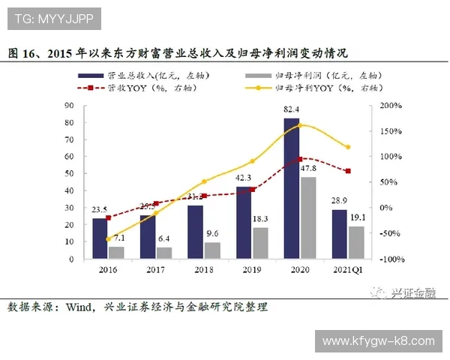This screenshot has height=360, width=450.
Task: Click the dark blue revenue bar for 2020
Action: (292, 188)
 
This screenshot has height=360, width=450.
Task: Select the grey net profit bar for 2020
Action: (307, 217)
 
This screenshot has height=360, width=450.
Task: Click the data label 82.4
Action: (292, 111)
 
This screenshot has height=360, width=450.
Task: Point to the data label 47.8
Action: (308, 169)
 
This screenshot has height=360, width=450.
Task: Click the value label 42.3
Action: (244, 178)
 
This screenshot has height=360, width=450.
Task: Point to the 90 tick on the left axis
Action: (69, 106)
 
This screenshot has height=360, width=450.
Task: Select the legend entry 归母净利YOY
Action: (315, 88)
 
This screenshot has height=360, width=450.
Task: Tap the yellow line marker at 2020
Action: (300, 125)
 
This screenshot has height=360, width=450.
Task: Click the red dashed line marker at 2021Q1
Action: (347, 171)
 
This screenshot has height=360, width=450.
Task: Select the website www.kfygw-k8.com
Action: (378, 341)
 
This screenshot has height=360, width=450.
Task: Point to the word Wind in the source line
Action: (80, 307)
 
